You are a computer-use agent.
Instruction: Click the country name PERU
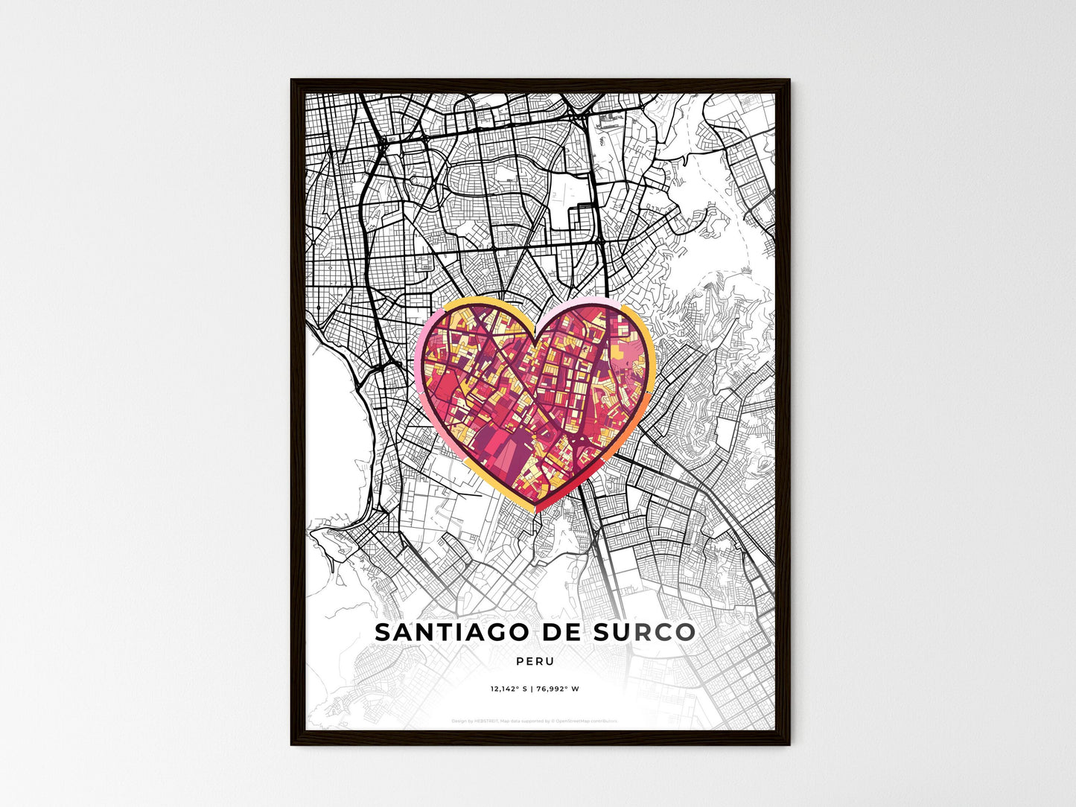(535, 661)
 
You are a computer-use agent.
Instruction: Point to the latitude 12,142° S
(508, 689)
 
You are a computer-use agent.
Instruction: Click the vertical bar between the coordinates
(533, 689)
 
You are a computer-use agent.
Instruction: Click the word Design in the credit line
(459, 721)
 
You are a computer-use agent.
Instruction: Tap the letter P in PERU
(518, 661)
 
